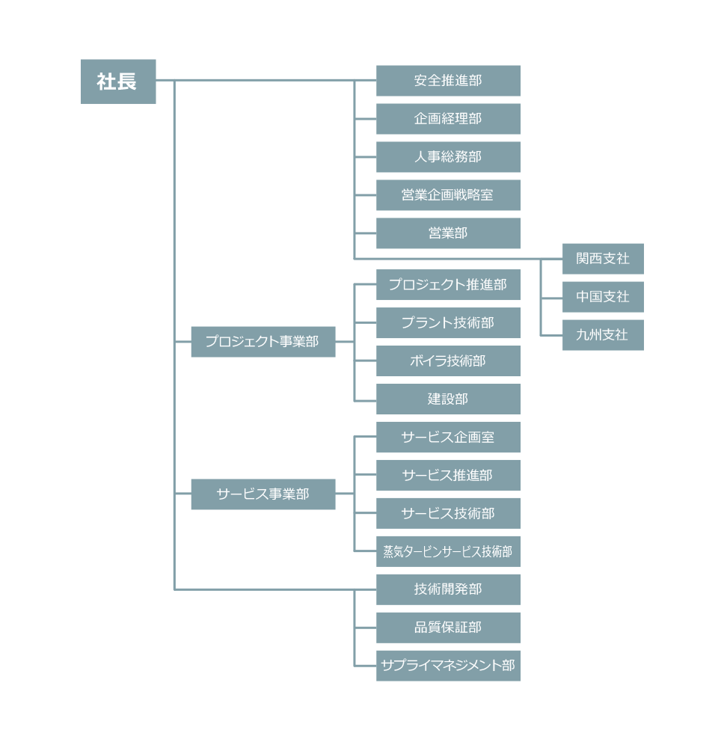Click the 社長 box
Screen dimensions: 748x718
tap(118, 81)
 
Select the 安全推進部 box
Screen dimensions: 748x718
tap(448, 81)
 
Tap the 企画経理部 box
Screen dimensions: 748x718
tap(448, 119)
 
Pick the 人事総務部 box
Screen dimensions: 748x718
tap(448, 157)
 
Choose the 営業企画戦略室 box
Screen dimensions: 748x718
tap(448, 195)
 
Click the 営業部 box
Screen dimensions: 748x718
tap(448, 233)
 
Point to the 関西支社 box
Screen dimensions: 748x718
tap(603, 259)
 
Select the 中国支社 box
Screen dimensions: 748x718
tap(603, 297)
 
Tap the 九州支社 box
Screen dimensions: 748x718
tap(603, 335)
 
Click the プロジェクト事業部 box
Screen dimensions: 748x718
tap(263, 342)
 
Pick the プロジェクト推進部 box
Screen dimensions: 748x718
tap(448, 285)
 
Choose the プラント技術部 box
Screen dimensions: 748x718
tap(448, 323)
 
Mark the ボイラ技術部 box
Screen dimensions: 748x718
tap(448, 361)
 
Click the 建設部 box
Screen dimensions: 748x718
tap(448, 399)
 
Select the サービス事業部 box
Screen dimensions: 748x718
tap(263, 494)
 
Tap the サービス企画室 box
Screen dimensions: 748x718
tap(448, 438)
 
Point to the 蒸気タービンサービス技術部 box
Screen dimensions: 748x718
tap(448, 552)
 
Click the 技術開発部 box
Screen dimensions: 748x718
tap(448, 589)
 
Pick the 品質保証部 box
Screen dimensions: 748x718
tap(448, 628)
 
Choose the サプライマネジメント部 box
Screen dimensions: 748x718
tap(448, 666)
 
